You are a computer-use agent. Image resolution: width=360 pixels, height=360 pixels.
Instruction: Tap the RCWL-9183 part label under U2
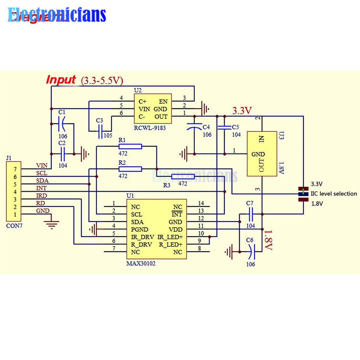[149, 128]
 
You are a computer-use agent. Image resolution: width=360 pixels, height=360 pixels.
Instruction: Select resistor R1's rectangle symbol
[130, 147]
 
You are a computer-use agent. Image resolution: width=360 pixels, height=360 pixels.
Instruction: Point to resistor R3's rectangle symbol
[183, 176]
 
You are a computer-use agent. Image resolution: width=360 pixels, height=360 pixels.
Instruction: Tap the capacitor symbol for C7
[251, 213]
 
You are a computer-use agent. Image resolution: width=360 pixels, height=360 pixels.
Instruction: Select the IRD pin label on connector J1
[41, 195]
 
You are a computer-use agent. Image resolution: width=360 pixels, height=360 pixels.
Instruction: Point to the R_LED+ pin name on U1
[171, 245]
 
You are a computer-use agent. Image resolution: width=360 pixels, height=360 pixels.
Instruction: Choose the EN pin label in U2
[163, 101]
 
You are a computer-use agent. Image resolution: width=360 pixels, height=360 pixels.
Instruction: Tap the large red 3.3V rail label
[242, 111]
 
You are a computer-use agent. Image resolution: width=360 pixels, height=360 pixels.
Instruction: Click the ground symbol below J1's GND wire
[52, 224]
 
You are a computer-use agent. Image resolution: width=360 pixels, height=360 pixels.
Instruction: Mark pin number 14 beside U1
[201, 203]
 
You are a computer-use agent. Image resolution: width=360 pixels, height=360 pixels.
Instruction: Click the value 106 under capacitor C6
[250, 264]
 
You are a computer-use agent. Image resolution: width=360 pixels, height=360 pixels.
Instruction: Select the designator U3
[281, 135]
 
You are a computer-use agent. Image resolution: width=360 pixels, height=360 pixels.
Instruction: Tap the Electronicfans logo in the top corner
[57, 15]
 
